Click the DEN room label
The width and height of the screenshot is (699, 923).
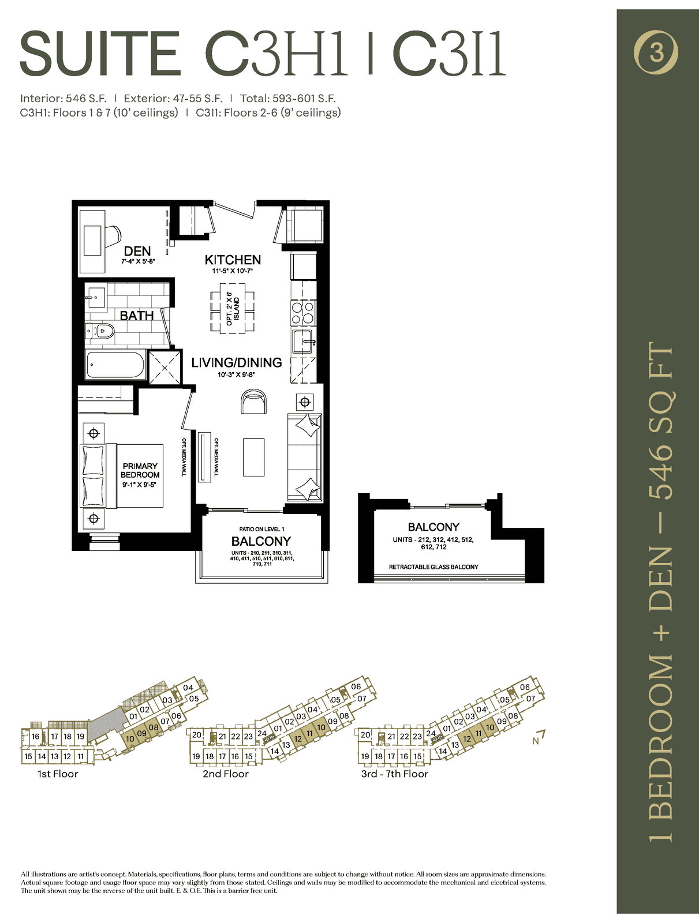coord(137,251)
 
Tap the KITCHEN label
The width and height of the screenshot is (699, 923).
coord(233,260)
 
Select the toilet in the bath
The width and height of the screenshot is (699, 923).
coord(100,331)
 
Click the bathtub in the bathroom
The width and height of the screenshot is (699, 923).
coord(115,365)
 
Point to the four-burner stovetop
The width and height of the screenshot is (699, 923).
coord(303,313)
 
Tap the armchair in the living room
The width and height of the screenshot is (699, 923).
coord(254,402)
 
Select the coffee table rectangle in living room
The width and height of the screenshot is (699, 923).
coord(253,457)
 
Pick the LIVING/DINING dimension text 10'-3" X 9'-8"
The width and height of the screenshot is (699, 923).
coord(236,374)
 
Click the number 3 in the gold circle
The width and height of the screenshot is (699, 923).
coord(656,53)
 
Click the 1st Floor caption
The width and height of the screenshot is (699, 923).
coord(58,774)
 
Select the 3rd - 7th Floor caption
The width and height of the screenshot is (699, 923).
coord(394,774)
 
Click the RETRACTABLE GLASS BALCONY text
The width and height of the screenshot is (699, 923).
coord(433,567)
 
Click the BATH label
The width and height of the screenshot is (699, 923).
coord(137,316)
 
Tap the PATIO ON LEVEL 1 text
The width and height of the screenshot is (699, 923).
coord(261,529)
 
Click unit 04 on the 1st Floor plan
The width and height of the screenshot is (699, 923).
coord(188,688)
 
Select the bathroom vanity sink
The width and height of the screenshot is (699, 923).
coord(95,295)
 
